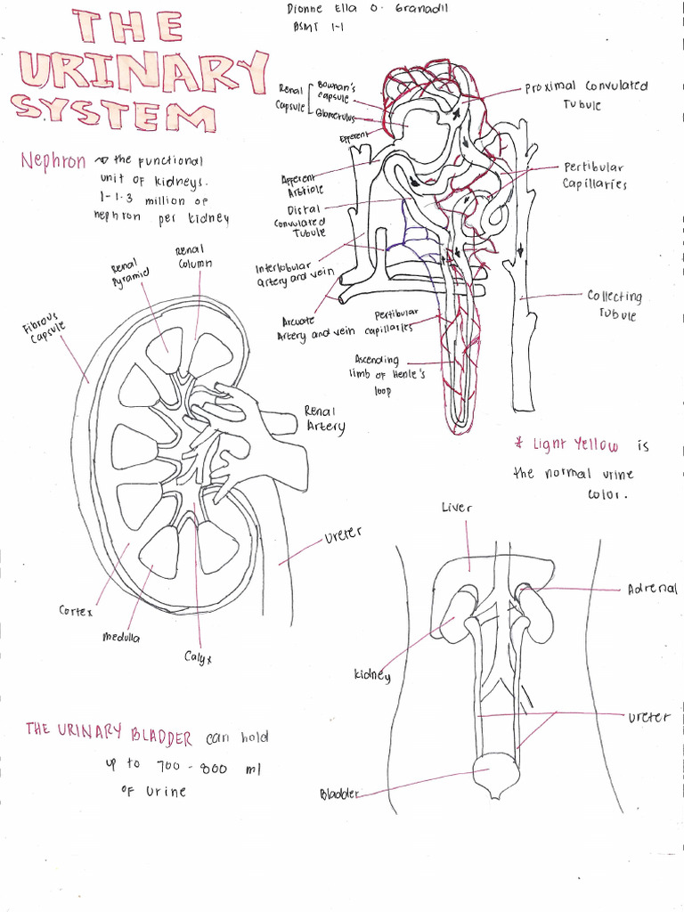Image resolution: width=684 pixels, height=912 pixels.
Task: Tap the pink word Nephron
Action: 53,161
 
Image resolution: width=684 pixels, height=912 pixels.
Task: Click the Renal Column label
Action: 191,257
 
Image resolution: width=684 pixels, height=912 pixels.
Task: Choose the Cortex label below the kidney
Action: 76,612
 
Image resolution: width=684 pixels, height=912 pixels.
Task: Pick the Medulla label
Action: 121,638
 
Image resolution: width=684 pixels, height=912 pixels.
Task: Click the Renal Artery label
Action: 323,419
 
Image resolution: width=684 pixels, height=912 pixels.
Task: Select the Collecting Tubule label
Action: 614,305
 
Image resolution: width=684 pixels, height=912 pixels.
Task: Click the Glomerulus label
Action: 334,116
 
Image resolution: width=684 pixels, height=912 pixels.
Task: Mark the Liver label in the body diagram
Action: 456,508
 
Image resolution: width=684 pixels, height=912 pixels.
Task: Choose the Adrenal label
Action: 652,589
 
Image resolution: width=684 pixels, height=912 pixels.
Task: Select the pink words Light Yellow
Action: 574,444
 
